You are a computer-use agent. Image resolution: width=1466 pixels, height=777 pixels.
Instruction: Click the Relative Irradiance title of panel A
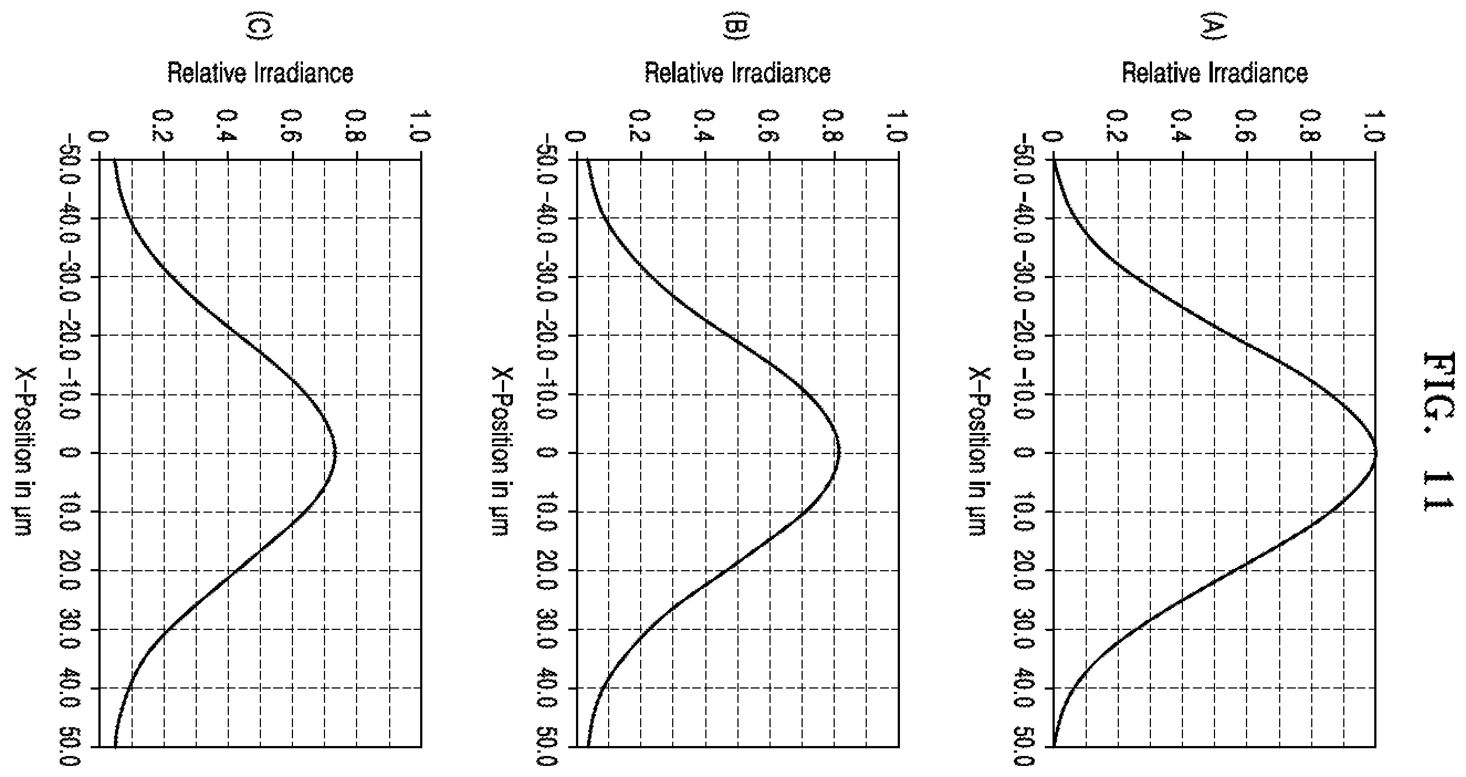pyautogui.click(x=1215, y=74)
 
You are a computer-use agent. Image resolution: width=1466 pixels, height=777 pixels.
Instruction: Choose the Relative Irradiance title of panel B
pyautogui.click(x=737, y=74)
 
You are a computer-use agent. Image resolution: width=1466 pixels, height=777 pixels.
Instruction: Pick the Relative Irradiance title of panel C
pyautogui.click(x=260, y=74)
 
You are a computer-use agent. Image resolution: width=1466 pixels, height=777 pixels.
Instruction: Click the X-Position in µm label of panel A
pyautogui.click(x=980, y=451)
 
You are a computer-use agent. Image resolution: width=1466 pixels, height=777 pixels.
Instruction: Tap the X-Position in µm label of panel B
pyautogui.click(x=502, y=451)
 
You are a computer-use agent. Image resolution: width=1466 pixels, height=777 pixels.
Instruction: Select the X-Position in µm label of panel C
pyautogui.click(x=25, y=451)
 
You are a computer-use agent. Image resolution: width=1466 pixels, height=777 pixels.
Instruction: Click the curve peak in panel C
pyautogui.click(x=336, y=453)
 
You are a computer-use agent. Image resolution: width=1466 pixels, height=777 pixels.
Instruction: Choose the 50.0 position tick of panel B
pyautogui.click(x=546, y=746)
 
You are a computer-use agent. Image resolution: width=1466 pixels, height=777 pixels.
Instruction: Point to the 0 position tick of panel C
pyautogui.click(x=69, y=453)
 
